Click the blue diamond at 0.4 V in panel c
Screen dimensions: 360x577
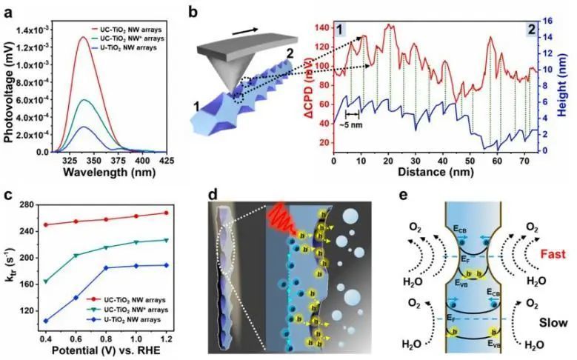[47, 321]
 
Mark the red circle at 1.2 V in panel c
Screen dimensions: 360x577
[166, 213]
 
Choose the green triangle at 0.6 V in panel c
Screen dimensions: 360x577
[76, 256]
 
